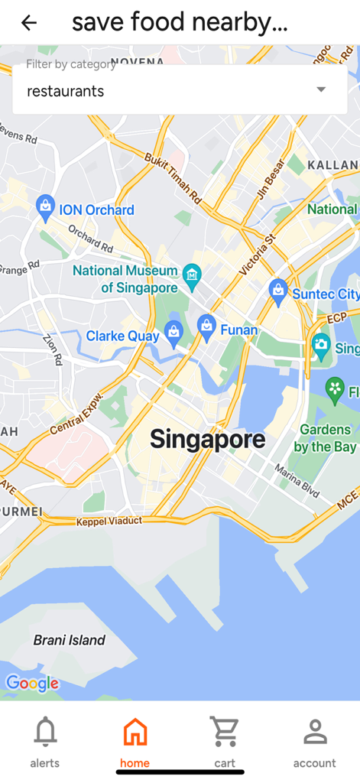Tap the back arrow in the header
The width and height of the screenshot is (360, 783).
pyautogui.click(x=29, y=23)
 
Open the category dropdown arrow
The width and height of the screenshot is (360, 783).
pyautogui.click(x=321, y=90)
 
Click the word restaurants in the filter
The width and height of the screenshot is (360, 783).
pyautogui.click(x=66, y=91)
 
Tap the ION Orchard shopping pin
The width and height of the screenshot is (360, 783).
pyautogui.click(x=45, y=207)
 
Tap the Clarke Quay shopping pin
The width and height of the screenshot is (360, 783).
pyautogui.click(x=174, y=334)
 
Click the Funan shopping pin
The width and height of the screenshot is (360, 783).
pyautogui.click(x=206, y=327)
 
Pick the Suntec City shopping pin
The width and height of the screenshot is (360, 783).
pyautogui.click(x=277, y=291)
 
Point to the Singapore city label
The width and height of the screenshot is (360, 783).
pyautogui.click(x=207, y=439)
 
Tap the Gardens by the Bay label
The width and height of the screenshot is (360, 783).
pyautogui.click(x=325, y=438)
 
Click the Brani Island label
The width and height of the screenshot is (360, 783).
pyautogui.click(x=70, y=640)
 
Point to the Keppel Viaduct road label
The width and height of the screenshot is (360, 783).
pyautogui.click(x=109, y=521)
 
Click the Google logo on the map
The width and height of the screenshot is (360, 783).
pyautogui.click(x=32, y=683)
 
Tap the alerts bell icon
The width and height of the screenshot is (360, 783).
pyautogui.click(x=45, y=732)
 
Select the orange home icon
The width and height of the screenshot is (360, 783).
pyautogui.click(x=135, y=732)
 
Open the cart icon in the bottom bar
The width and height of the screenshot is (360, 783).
pyautogui.click(x=225, y=732)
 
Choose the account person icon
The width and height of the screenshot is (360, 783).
pyautogui.click(x=315, y=732)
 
